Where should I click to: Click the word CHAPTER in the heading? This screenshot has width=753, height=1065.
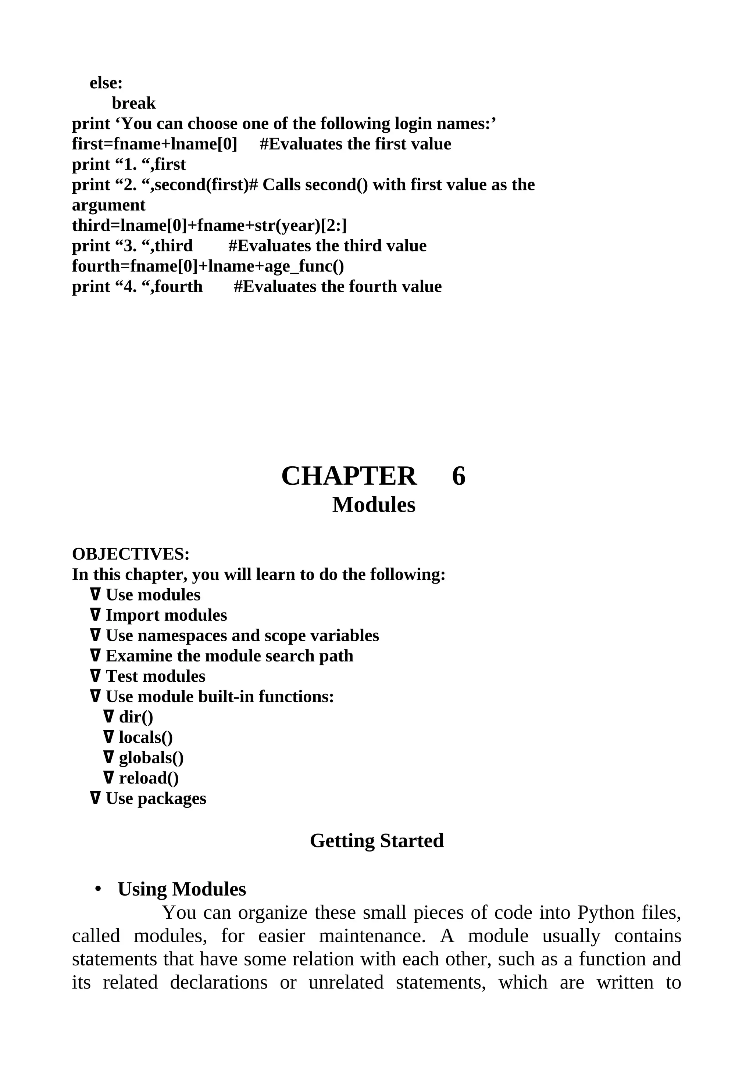coord(349,476)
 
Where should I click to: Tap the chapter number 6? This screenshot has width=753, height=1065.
coord(458,476)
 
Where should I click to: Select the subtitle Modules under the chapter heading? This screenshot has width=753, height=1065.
coord(374,505)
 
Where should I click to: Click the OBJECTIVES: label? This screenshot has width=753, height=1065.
coord(131,554)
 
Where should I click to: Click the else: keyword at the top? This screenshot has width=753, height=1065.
coord(106,83)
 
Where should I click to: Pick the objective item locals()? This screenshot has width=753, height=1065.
coord(146,738)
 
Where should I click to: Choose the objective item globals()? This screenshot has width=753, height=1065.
coord(151,758)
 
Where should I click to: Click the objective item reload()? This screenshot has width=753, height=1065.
coord(149,778)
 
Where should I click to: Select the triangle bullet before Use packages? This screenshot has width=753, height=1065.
coord(95,798)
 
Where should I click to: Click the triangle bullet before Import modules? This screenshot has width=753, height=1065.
coord(95,615)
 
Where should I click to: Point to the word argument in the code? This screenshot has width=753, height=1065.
coord(108,205)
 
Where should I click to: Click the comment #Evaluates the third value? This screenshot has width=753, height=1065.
coord(327,246)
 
